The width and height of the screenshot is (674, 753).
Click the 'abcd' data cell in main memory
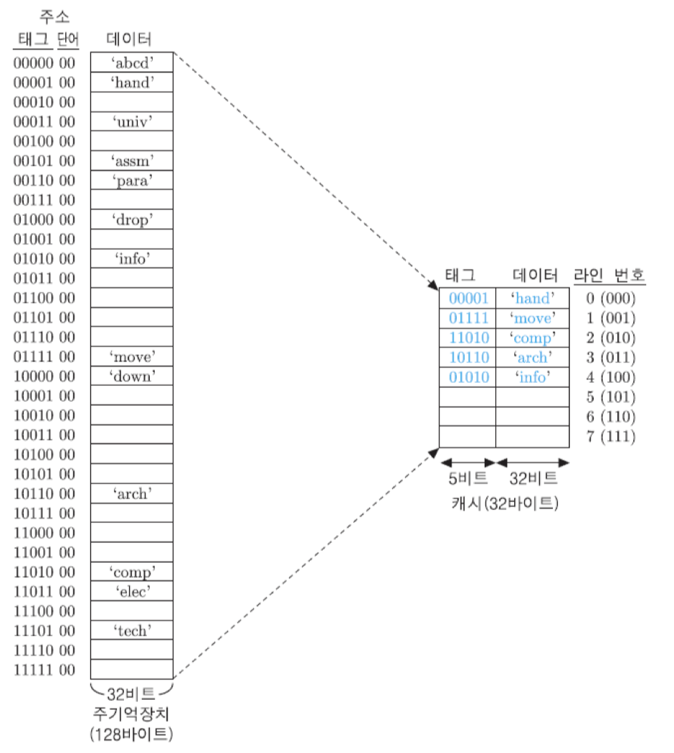click(x=132, y=62)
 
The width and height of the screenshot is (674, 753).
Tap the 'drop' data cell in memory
click(x=132, y=219)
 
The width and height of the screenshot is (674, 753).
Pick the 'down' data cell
click(x=132, y=375)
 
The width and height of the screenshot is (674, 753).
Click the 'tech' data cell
click(x=132, y=630)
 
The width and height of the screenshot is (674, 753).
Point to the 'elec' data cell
click(x=132, y=591)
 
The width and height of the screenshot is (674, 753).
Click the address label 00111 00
click(x=44, y=199)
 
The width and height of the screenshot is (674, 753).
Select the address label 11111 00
click(x=44, y=670)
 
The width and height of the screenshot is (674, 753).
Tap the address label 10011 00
click(x=44, y=435)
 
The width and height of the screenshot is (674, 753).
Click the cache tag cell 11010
click(x=468, y=338)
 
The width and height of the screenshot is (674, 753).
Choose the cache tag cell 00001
click(x=468, y=298)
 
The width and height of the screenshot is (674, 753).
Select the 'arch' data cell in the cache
click(x=532, y=357)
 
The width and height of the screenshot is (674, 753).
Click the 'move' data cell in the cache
click(x=532, y=318)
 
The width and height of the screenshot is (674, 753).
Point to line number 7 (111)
click(x=610, y=436)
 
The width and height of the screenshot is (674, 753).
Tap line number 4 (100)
click(x=610, y=376)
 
